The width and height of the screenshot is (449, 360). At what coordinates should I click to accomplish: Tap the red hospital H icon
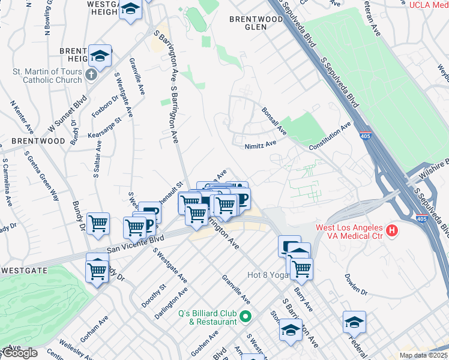392,230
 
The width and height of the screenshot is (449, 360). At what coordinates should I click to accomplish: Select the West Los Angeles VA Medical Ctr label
349,232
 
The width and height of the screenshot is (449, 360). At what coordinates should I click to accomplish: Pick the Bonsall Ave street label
274,120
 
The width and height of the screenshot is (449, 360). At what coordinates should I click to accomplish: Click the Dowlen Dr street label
355,284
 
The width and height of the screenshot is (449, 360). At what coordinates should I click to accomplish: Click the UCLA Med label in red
429,5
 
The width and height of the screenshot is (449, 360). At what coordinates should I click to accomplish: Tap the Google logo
20,353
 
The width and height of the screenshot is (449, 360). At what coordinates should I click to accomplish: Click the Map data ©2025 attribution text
424,355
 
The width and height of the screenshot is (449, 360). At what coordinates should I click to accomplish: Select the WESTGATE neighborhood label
24,271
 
